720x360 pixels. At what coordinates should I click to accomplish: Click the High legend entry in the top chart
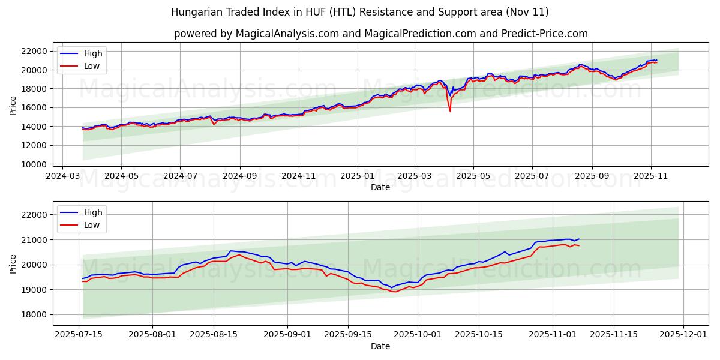point(92,54)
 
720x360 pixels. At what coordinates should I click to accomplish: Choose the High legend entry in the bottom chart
point(92,212)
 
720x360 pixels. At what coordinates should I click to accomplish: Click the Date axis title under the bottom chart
point(380,346)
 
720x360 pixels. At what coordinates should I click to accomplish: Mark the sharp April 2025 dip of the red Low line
point(450,110)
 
